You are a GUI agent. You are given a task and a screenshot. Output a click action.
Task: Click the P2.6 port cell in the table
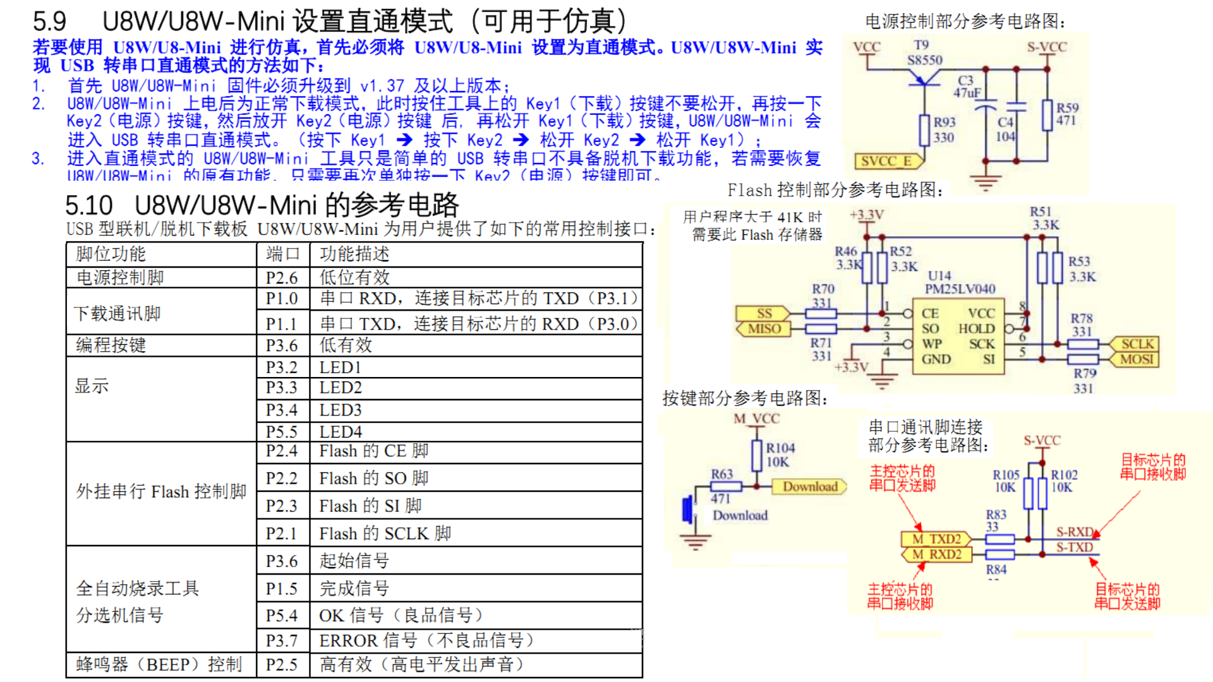282,278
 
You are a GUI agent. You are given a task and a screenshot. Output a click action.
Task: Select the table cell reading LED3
341,410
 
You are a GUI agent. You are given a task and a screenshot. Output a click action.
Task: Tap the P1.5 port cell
282,589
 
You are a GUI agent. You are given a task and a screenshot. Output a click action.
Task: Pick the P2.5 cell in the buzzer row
282,664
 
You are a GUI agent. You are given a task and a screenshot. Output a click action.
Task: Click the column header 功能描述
354,254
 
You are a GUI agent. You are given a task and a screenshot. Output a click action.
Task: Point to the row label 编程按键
111,345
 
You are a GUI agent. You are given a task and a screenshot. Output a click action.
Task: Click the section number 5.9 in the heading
49,21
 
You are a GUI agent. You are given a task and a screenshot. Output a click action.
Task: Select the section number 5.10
88,206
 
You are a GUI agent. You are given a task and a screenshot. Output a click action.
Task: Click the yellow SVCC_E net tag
886,161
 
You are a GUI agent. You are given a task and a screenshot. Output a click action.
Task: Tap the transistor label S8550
924,60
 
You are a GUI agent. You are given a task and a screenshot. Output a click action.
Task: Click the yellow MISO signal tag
764,328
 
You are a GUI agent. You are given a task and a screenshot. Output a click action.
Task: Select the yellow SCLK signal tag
1137,344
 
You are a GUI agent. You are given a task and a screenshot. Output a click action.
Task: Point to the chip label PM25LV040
960,289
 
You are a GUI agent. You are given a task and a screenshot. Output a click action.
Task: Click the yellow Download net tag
810,486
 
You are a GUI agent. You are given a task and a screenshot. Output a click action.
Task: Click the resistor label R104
780,448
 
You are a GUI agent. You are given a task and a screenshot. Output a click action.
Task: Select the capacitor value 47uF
967,93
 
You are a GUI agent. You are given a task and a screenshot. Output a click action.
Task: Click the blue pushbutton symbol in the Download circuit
687,509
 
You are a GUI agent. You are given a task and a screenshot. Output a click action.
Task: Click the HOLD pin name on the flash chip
976,328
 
